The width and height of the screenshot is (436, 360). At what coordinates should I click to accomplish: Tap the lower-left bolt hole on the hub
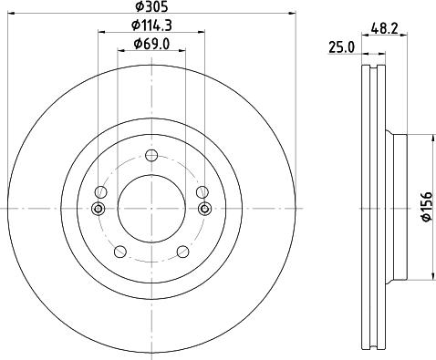point(119,252)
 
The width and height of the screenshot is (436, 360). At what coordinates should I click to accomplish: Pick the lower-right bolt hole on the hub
point(183,252)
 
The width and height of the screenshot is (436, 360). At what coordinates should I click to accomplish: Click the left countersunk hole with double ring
point(99,210)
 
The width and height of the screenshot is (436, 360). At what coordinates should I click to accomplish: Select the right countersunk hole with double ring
point(204,210)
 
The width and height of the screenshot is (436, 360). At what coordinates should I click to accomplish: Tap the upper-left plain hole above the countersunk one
point(100,191)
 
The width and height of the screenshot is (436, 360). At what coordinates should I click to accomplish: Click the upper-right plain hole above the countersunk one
point(202,191)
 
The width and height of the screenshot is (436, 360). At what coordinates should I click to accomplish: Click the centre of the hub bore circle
point(151,208)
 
